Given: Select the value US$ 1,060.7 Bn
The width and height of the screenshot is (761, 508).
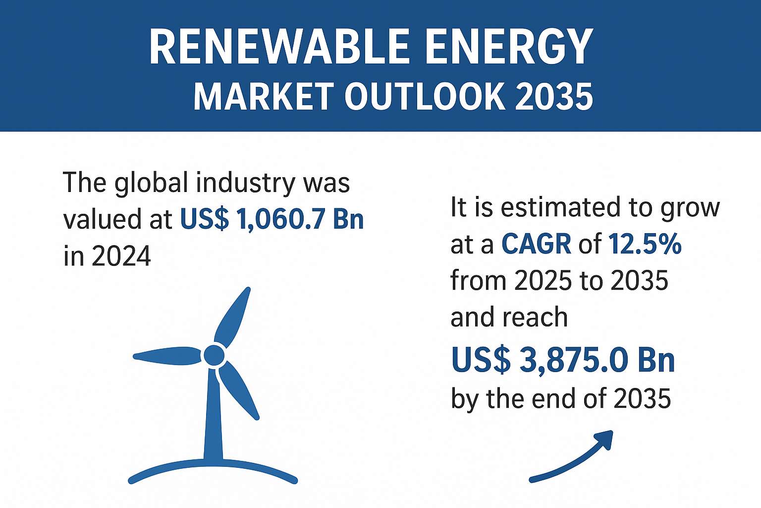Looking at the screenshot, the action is tap(272, 219).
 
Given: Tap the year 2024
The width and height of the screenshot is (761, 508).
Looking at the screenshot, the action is tap(121, 256).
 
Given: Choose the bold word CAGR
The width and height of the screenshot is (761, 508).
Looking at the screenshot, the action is tap(536, 244).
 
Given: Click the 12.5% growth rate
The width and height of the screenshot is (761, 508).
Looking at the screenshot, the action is tap(645, 244).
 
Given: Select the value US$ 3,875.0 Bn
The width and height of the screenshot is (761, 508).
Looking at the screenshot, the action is tap(563, 360).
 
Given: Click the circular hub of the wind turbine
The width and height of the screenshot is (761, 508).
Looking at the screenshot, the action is tap(214, 355).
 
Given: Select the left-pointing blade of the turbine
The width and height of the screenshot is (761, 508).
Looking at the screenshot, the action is tap(167, 356).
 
